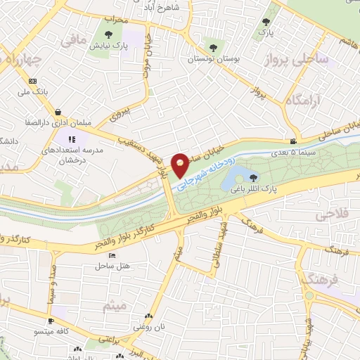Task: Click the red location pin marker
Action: click(x=180, y=165)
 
